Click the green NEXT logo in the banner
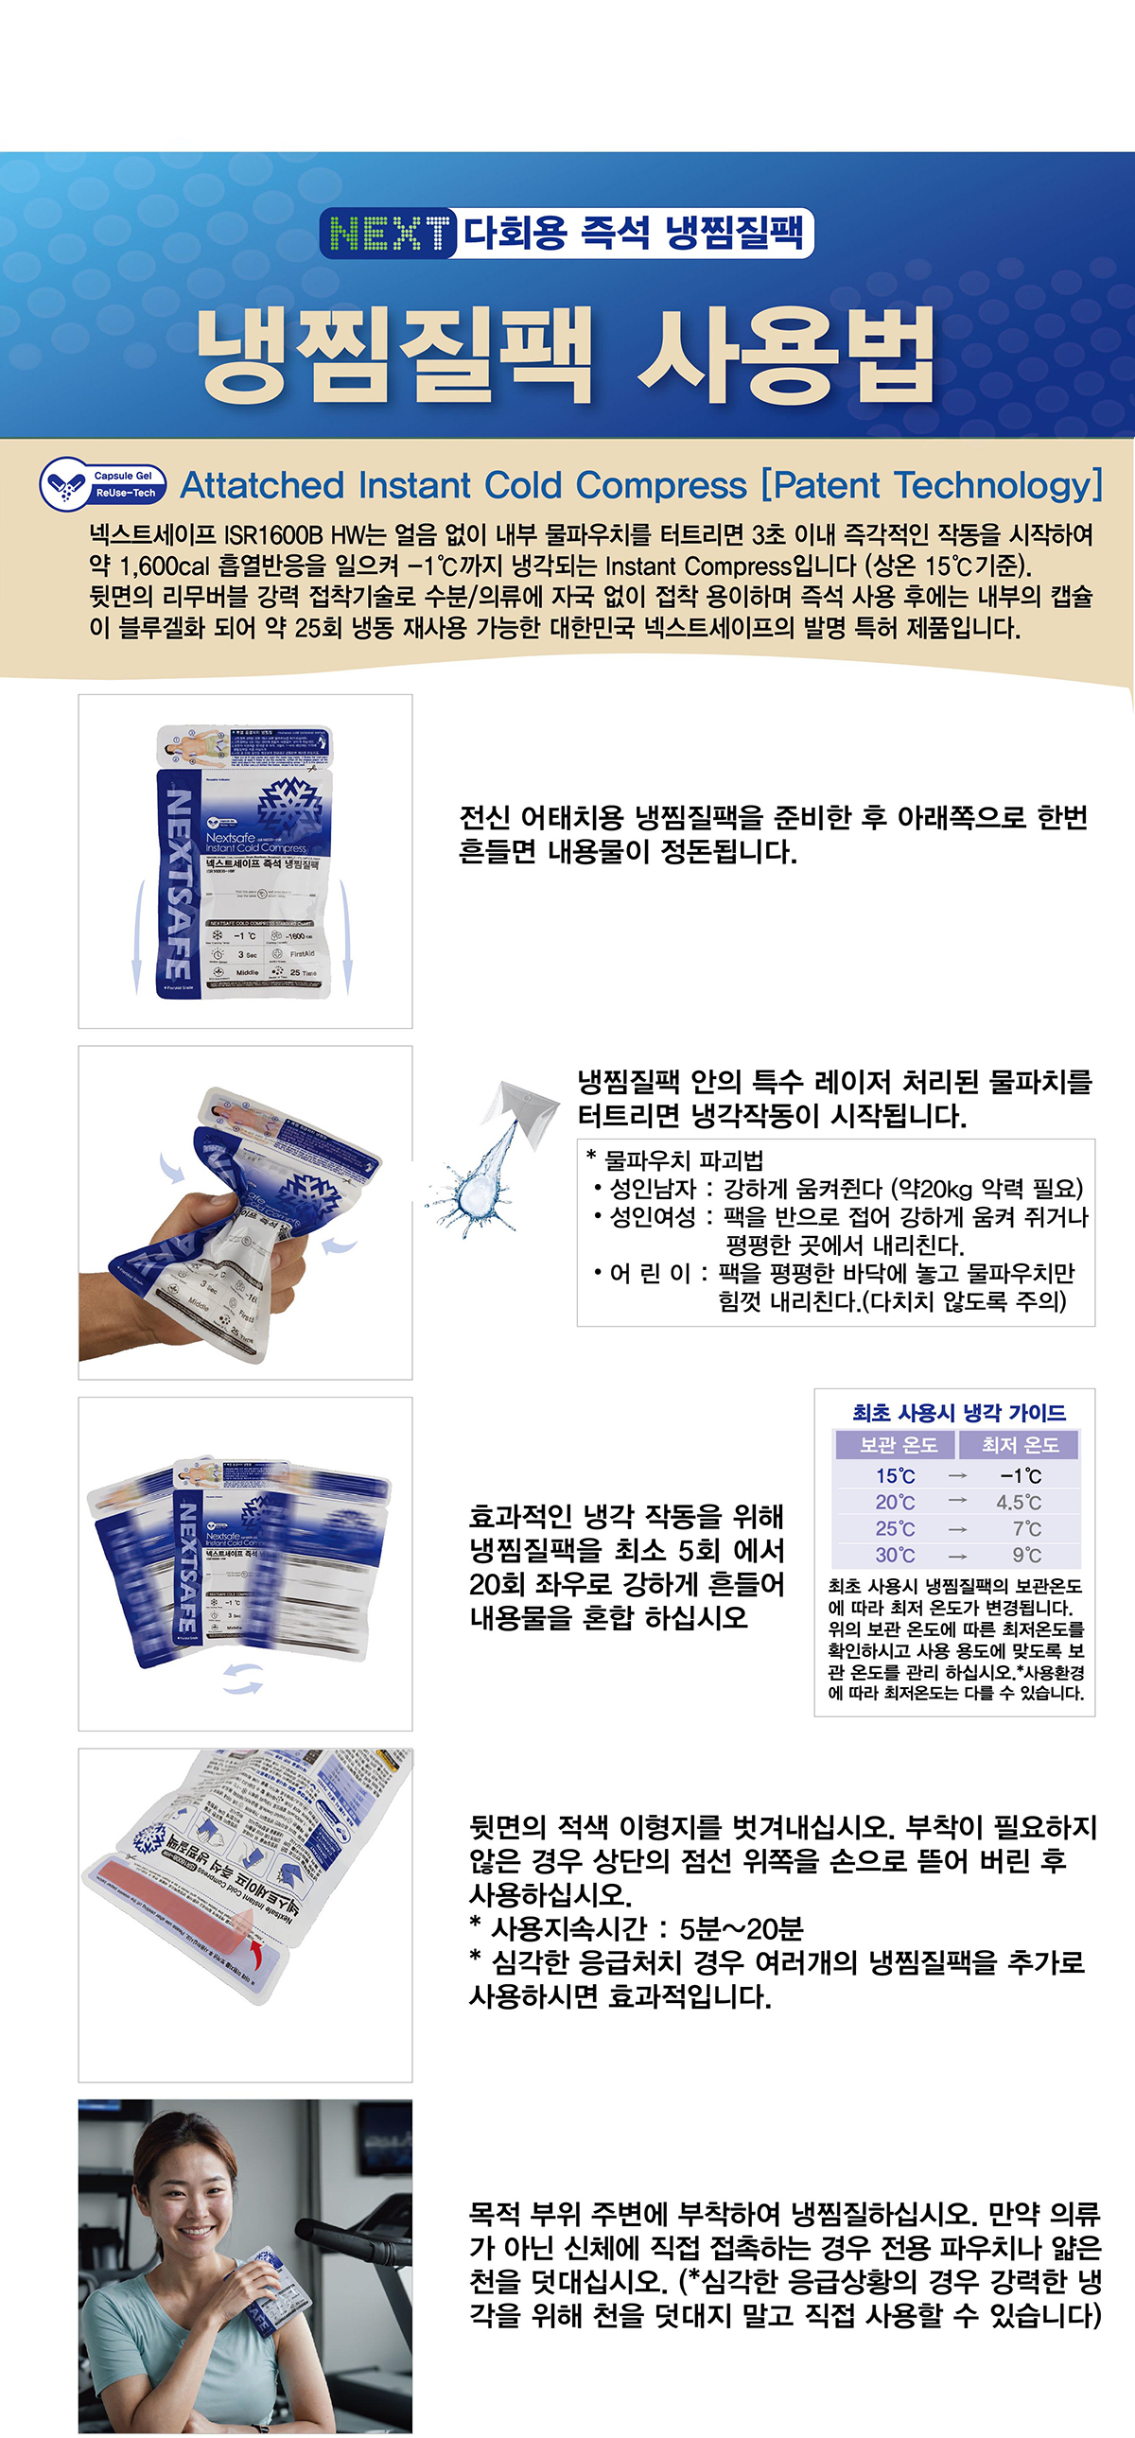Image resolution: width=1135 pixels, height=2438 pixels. [389, 233]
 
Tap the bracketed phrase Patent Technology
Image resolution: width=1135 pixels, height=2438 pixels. [933, 485]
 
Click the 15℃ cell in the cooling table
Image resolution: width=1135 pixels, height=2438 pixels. [895, 1475]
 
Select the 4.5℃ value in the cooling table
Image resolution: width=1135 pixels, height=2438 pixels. [1019, 1502]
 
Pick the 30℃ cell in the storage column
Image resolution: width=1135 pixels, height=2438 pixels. [895, 1555]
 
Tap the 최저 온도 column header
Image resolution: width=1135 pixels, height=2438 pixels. [1019, 1445]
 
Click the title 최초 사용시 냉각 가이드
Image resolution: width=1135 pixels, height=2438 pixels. [958, 1413]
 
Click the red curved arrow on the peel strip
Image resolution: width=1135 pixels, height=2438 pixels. [254, 1950]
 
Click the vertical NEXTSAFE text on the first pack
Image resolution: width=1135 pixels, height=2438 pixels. [177, 886]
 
